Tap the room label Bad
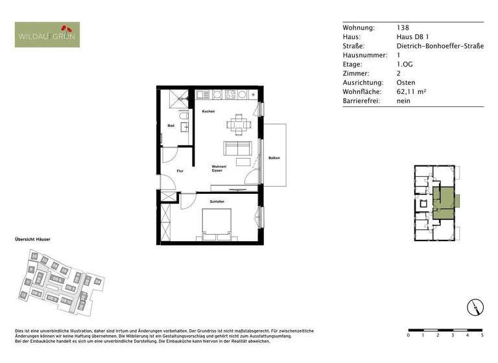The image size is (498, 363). [171, 126]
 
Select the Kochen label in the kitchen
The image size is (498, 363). [208, 112]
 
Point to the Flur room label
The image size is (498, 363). [180, 171]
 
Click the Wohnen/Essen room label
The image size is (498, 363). [217, 169]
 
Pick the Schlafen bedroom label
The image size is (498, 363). [217, 203]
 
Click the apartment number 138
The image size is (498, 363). [403, 28]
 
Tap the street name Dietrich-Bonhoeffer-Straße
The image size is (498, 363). [440, 46]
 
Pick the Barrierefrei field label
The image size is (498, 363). [361, 101]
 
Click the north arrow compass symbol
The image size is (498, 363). [475, 307]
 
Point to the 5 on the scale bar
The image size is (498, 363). [482, 336]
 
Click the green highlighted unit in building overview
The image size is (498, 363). [445, 199]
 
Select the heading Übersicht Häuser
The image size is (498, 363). [32, 240]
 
